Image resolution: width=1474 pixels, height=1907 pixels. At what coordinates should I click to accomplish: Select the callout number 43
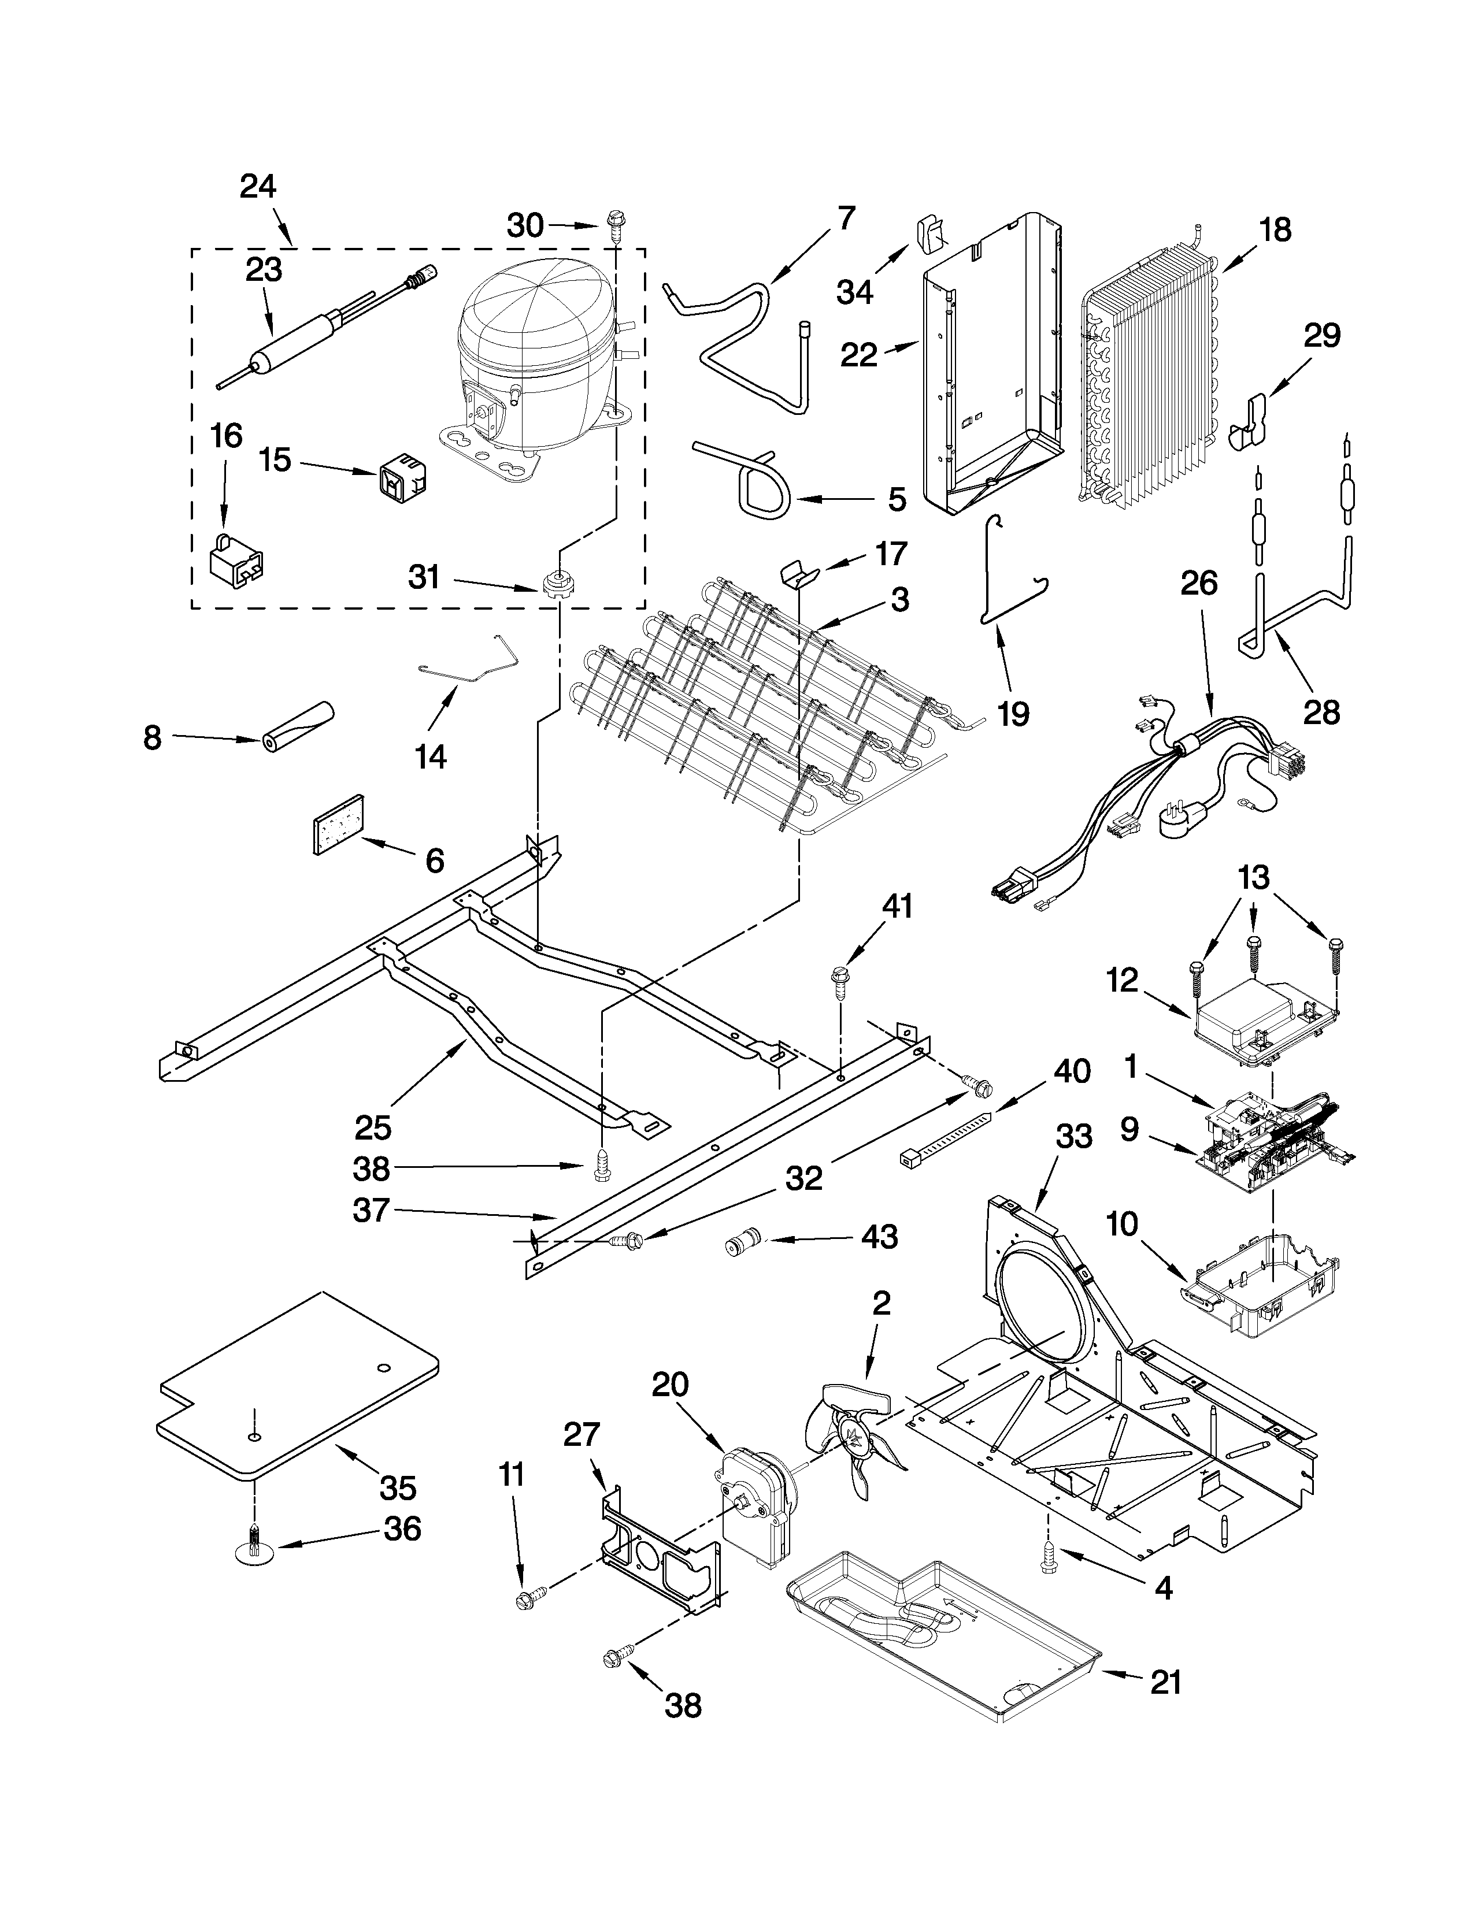[x=879, y=1237]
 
